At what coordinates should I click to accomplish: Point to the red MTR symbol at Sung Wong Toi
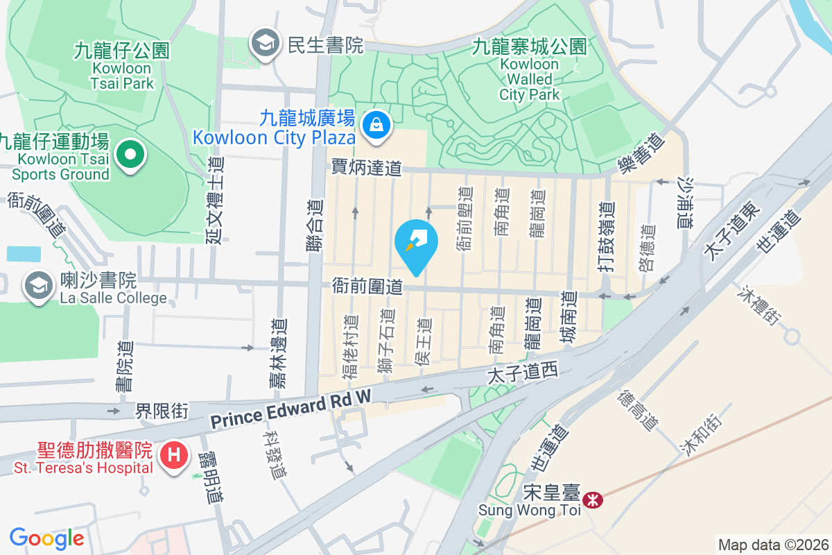click(593, 499)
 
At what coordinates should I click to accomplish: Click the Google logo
click(46, 538)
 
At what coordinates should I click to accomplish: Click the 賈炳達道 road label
click(366, 167)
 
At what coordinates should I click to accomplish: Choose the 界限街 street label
click(161, 411)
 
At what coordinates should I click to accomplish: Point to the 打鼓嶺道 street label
click(607, 232)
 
